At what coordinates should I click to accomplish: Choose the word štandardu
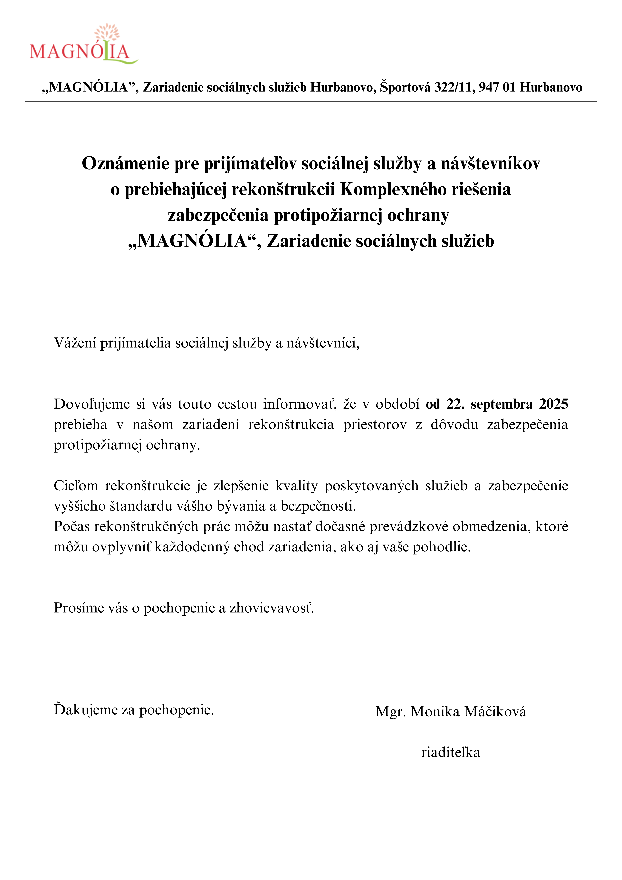click(141, 506)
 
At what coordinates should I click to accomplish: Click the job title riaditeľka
click(451, 752)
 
